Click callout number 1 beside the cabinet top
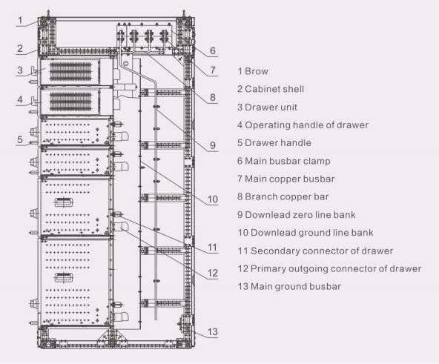point(20,20)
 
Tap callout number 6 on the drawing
point(213,50)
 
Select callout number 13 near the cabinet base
point(213,331)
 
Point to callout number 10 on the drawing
point(213,199)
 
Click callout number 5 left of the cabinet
point(20,139)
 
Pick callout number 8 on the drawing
point(213,97)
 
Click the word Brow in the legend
point(257,71)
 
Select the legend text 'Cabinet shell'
point(274,89)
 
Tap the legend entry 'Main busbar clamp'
point(288,161)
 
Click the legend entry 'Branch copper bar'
point(287,196)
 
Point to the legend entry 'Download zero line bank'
point(300,215)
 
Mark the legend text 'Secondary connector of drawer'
point(322,251)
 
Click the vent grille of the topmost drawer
point(70,71)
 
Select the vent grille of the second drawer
point(70,102)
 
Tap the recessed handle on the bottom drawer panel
point(64,277)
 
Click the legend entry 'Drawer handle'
point(278,143)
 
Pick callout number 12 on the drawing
point(213,273)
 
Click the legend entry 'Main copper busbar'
point(290,179)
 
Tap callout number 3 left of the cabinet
point(20,70)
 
